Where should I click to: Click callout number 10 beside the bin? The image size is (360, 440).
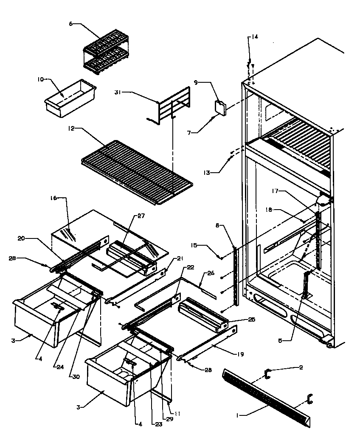pos(40,78)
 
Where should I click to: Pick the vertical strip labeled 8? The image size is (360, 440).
pos(235,272)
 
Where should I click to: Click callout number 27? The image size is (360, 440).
pos(141,216)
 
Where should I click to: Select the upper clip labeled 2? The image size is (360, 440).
pos(267,373)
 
